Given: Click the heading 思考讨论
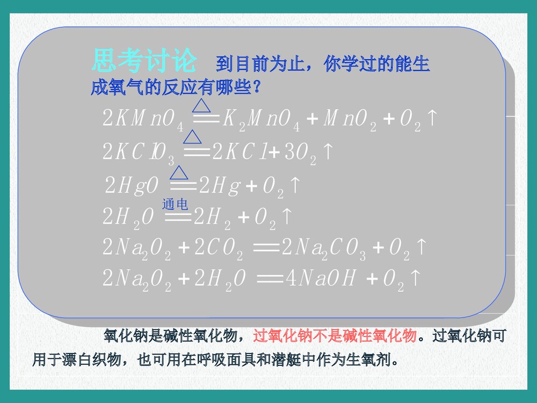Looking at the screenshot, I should click(x=144, y=61).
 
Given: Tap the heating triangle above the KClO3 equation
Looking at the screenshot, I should click(x=192, y=138).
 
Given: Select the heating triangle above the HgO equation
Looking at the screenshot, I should click(x=179, y=172).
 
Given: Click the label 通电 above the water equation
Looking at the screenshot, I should click(x=175, y=203).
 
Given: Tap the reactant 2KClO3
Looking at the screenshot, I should click(x=139, y=153).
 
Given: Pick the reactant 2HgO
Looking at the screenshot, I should click(x=132, y=186).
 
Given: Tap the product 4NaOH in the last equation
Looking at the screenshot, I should click(x=322, y=279).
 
